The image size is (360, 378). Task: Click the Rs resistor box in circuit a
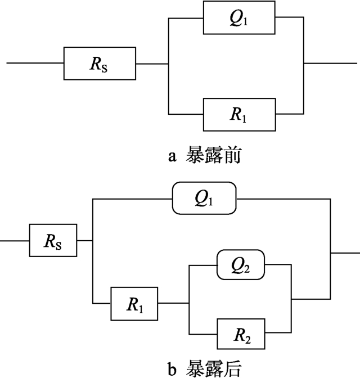coord(100,63)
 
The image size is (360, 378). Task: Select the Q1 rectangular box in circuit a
coord(240,19)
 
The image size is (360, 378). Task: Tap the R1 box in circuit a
coord(240,114)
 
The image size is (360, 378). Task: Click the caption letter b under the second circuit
coord(173,368)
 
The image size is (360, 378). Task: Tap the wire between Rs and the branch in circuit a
coord(152,63)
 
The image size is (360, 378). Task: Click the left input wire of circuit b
coord(14,241)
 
